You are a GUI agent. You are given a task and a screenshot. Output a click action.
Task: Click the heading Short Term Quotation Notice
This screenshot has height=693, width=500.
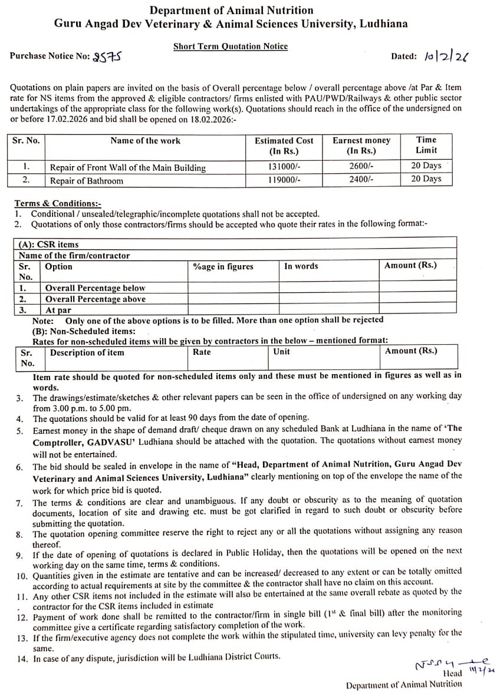point(231,46)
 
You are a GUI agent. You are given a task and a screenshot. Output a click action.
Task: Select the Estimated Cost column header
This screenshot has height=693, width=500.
point(284,145)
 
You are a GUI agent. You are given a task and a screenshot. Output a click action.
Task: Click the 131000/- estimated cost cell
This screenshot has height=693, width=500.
point(284,167)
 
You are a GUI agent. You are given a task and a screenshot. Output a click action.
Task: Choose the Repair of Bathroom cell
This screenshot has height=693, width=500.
point(87,181)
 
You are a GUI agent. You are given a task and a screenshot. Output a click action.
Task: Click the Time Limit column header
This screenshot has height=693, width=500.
point(426,145)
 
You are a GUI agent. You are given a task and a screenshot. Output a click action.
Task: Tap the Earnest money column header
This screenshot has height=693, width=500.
point(361,145)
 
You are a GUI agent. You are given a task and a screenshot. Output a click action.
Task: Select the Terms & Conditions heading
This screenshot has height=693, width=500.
point(58,203)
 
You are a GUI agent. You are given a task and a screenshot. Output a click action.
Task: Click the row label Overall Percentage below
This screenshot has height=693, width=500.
point(95,288)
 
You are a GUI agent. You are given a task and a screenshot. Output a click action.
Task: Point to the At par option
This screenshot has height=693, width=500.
point(58,310)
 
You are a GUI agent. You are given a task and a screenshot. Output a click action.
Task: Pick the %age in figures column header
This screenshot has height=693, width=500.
point(223,266)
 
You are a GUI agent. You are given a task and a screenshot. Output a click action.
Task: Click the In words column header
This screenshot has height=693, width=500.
point(301,266)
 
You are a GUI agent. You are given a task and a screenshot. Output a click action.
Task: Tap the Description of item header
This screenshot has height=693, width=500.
point(87,352)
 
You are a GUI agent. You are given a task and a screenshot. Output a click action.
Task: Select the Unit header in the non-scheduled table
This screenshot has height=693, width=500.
point(282,352)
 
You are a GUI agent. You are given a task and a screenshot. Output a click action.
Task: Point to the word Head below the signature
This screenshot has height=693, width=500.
point(452,674)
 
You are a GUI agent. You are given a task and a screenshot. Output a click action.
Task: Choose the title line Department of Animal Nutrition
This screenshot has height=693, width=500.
point(231,10)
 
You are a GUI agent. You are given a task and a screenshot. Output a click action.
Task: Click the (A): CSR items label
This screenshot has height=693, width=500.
point(48,245)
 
